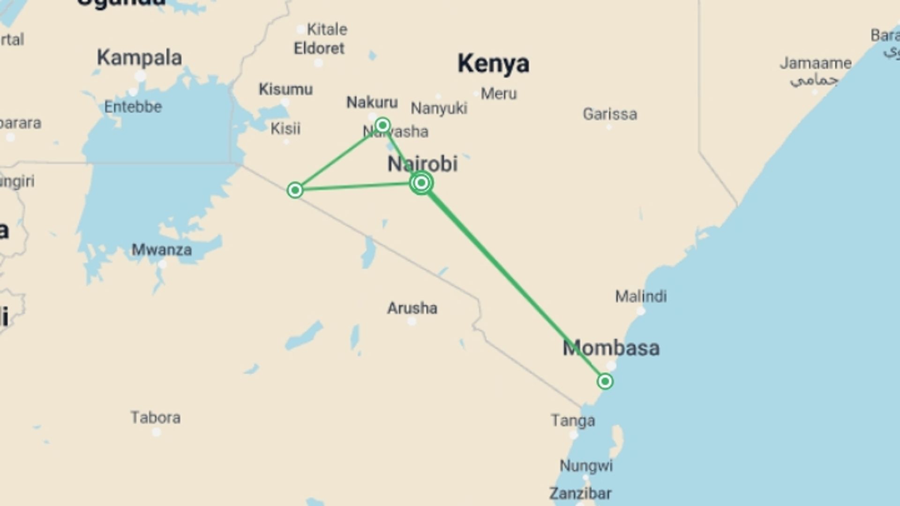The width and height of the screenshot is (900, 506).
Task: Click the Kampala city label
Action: [x=139, y=58]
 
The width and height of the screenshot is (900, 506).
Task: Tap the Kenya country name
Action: [x=493, y=63]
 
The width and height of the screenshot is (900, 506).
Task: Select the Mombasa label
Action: [x=611, y=348]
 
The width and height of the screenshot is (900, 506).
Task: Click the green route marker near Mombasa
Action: [x=605, y=381]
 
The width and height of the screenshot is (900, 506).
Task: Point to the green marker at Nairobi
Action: [x=421, y=183]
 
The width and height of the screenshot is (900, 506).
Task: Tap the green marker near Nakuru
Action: [x=382, y=125]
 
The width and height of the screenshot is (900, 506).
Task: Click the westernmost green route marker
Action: [x=295, y=190]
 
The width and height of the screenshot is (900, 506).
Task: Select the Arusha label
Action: [x=412, y=308]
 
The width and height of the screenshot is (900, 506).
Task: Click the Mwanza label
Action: [x=161, y=250]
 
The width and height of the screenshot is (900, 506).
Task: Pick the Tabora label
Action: [x=155, y=417]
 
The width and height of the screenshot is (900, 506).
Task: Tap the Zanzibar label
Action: [x=580, y=493]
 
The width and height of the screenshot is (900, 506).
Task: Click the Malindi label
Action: [x=641, y=296]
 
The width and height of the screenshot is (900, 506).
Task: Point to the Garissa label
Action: [x=610, y=114]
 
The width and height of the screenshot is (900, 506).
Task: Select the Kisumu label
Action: [x=285, y=89]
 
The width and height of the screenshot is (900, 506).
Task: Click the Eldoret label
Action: [x=319, y=48]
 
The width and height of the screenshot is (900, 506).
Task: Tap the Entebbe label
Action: [x=133, y=107]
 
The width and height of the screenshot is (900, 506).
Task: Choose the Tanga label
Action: [x=573, y=420]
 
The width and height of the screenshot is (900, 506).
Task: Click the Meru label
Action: [x=499, y=94]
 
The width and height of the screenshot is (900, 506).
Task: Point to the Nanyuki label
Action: [x=439, y=108]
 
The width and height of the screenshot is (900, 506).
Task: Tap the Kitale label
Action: [x=327, y=29]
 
